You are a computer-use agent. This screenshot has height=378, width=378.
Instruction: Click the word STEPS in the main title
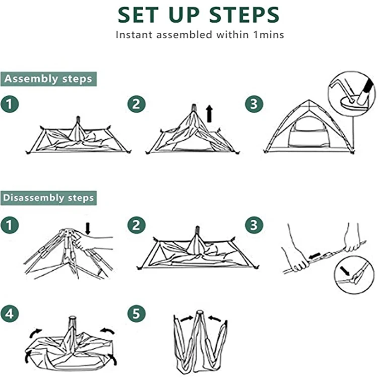click(x=244, y=15)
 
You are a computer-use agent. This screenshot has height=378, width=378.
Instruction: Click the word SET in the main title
click(x=138, y=15)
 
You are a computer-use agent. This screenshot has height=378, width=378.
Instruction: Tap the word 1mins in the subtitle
click(x=269, y=35)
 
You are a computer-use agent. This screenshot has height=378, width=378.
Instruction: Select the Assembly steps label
click(x=48, y=79)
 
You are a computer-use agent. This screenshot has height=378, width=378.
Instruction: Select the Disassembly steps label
click(x=48, y=198)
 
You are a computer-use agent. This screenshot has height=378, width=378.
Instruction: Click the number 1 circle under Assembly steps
click(x=10, y=104)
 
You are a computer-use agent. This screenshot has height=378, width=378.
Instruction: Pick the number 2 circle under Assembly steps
click(x=137, y=104)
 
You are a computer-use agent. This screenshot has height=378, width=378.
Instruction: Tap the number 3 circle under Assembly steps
click(x=254, y=104)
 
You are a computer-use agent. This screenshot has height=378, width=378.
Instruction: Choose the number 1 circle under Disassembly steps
click(x=10, y=225)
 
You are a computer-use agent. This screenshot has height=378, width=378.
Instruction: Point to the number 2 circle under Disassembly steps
click(x=137, y=225)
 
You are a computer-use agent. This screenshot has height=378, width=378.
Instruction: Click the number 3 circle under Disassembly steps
click(x=254, y=225)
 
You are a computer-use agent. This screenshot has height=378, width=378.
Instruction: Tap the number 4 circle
click(x=10, y=313)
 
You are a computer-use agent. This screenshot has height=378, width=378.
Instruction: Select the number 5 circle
click(x=137, y=313)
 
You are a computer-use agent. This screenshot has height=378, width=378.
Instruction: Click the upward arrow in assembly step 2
click(x=209, y=113)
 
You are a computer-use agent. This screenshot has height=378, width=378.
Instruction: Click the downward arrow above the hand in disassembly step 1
click(x=88, y=228)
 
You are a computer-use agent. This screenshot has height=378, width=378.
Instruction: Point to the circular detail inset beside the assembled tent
click(x=352, y=94)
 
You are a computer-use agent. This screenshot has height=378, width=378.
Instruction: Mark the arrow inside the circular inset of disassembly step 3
click(x=345, y=271)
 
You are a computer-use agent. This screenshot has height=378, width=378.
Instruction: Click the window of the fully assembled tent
click(x=308, y=132)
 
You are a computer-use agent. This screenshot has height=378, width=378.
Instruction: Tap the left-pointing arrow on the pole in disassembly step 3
click(x=314, y=256)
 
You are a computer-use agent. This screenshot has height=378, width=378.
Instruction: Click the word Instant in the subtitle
click(x=134, y=35)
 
